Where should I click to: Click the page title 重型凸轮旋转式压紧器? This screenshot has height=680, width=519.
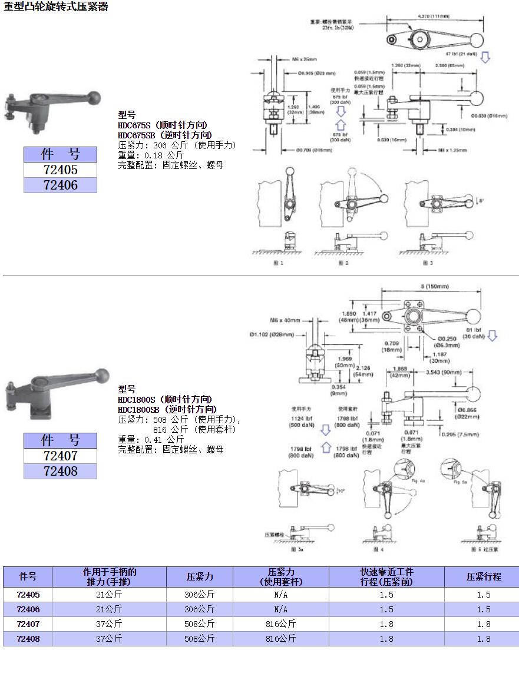click(x=56, y=7)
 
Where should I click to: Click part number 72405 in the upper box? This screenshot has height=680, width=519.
click(x=60, y=170)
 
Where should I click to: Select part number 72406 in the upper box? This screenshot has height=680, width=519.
click(x=60, y=185)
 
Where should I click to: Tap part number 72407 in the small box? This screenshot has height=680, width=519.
click(x=60, y=456)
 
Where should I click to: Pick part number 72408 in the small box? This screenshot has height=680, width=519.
click(x=60, y=471)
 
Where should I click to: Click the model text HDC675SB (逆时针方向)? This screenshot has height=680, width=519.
click(x=165, y=135)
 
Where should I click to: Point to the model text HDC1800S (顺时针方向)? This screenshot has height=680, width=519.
click(x=165, y=399)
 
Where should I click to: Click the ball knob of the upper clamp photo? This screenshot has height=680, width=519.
click(x=94, y=96)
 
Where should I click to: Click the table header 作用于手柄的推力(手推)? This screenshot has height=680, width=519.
click(x=109, y=577)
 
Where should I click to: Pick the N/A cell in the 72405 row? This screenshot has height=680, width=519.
click(x=280, y=595)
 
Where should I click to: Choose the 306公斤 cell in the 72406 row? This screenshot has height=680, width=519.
click(x=199, y=609)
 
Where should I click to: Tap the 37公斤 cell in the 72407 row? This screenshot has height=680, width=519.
click(x=109, y=624)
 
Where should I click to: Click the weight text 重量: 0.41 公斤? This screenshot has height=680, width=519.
click(x=151, y=439)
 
